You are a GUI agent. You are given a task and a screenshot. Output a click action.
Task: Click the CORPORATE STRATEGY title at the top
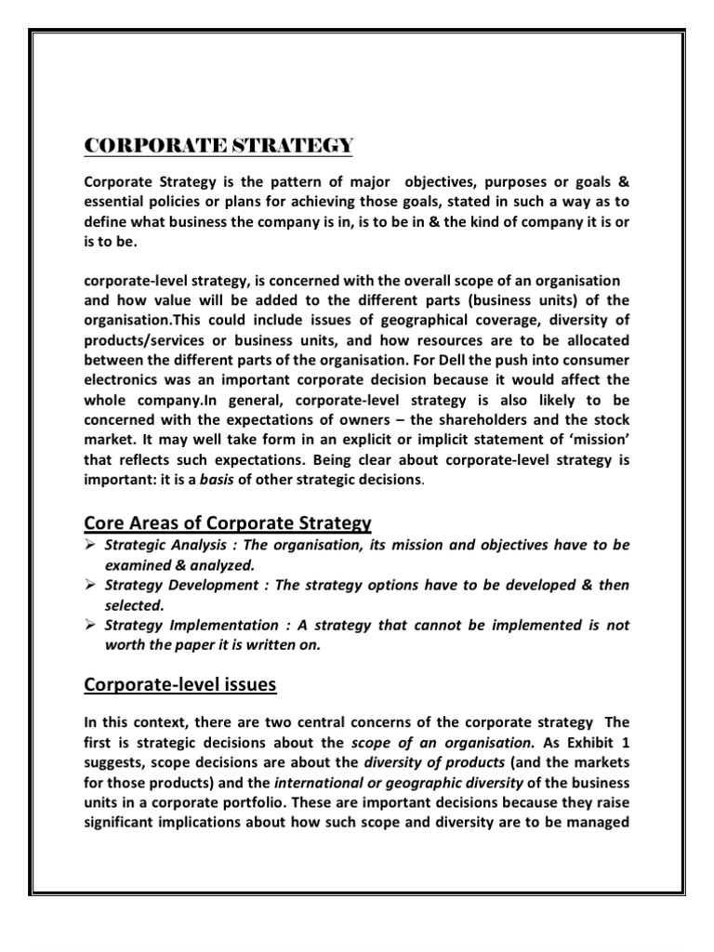click(x=218, y=146)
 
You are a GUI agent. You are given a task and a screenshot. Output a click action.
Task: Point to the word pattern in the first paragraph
click(x=302, y=180)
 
